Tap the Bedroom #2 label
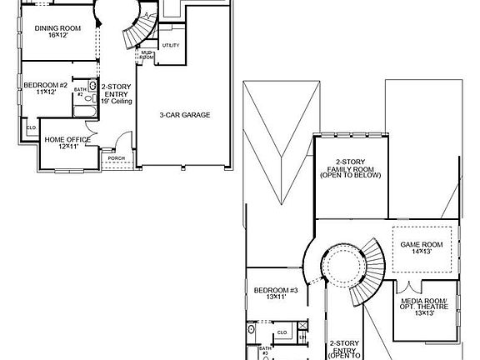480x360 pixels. tap(40, 85)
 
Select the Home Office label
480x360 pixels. tap(67, 139)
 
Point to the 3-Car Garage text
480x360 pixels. tap(185, 115)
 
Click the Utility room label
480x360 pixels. tap(170, 45)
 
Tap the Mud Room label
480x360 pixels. tap(147, 56)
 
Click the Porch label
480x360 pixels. tap(116, 157)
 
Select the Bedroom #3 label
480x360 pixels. tap(275, 290)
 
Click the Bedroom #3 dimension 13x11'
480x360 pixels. tap(275, 297)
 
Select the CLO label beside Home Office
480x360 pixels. tap(31, 127)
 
